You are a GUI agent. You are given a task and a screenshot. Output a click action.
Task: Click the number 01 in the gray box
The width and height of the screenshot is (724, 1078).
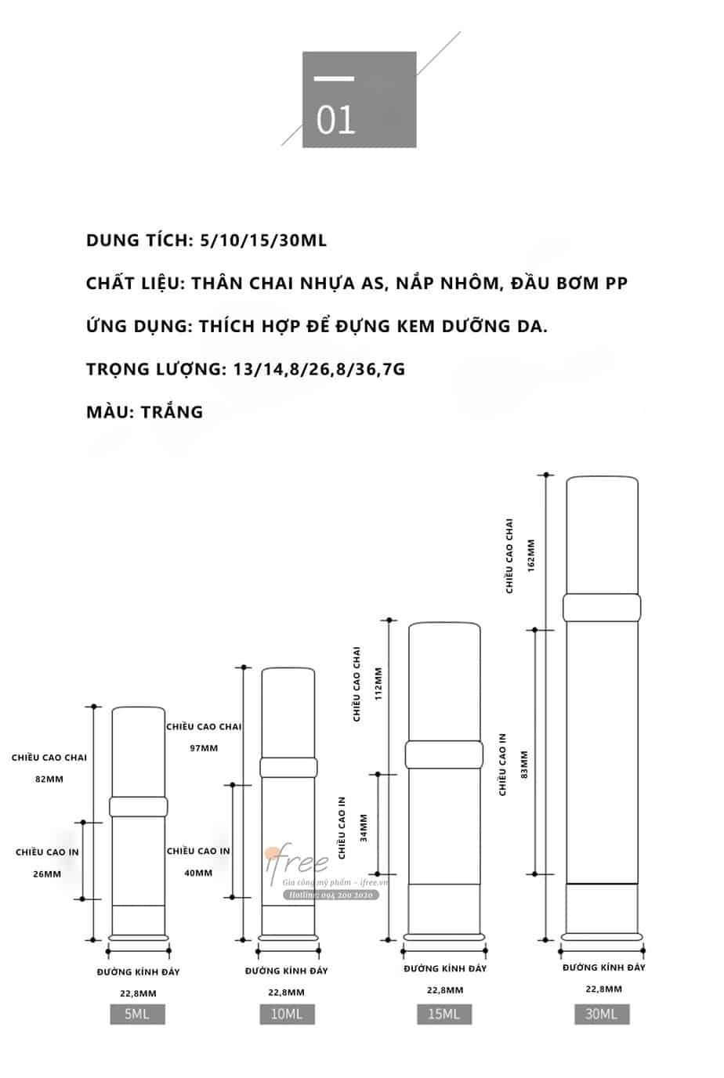[336, 120]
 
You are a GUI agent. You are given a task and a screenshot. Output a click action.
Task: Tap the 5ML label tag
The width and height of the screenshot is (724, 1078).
[137, 1015]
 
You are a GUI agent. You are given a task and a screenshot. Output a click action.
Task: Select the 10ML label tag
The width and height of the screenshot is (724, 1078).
[287, 1015]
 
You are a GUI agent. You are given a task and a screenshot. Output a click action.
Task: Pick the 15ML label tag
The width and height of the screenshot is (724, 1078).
[444, 1015]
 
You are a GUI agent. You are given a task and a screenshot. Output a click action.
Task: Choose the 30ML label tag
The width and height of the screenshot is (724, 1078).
[601, 1015]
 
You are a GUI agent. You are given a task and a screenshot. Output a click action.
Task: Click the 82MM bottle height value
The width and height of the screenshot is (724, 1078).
[49, 780]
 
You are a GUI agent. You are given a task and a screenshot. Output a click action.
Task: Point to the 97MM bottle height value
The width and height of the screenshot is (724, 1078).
[204, 748]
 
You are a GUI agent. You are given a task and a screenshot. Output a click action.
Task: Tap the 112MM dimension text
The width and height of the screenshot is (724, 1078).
[379, 684]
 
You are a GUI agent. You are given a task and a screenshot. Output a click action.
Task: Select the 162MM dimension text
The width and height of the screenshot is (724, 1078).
[531, 555]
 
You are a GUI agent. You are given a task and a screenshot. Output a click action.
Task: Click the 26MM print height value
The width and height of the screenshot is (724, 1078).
[47, 874]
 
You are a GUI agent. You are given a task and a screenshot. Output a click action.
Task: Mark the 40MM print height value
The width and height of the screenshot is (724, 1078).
[198, 873]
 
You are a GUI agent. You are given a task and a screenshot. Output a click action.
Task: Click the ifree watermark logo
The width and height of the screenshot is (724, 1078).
[299, 863]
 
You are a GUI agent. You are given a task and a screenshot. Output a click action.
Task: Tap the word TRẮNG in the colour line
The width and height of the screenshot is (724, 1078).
[172, 412]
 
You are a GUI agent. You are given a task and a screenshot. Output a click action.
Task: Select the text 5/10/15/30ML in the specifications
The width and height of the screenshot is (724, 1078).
[263, 241]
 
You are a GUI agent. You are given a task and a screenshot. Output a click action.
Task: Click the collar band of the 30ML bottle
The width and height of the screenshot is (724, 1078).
[602, 607]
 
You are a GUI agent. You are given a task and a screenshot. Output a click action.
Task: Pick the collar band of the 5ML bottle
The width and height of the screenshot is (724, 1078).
[139, 806]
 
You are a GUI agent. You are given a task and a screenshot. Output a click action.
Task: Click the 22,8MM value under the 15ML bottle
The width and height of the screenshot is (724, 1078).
[445, 990]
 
